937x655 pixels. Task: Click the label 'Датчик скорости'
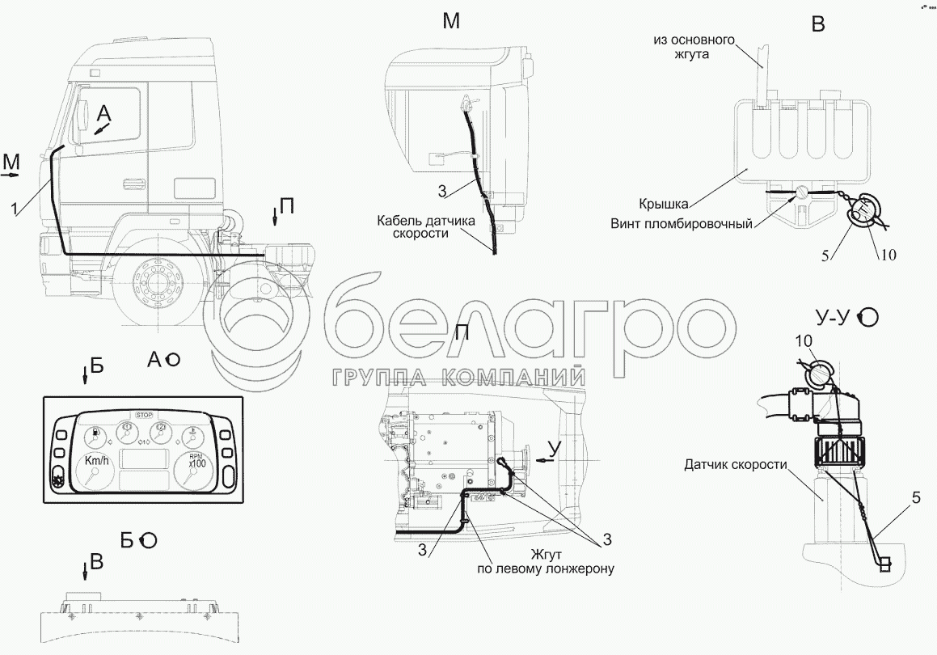pos(735,465)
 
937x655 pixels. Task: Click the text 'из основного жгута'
pos(694,47)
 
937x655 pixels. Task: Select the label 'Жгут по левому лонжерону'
pos(546,561)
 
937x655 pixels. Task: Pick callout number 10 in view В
pos(888,256)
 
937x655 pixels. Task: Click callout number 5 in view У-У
pos(916,499)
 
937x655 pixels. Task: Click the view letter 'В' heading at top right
pos(818,24)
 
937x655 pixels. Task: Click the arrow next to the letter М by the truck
pos(11,173)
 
